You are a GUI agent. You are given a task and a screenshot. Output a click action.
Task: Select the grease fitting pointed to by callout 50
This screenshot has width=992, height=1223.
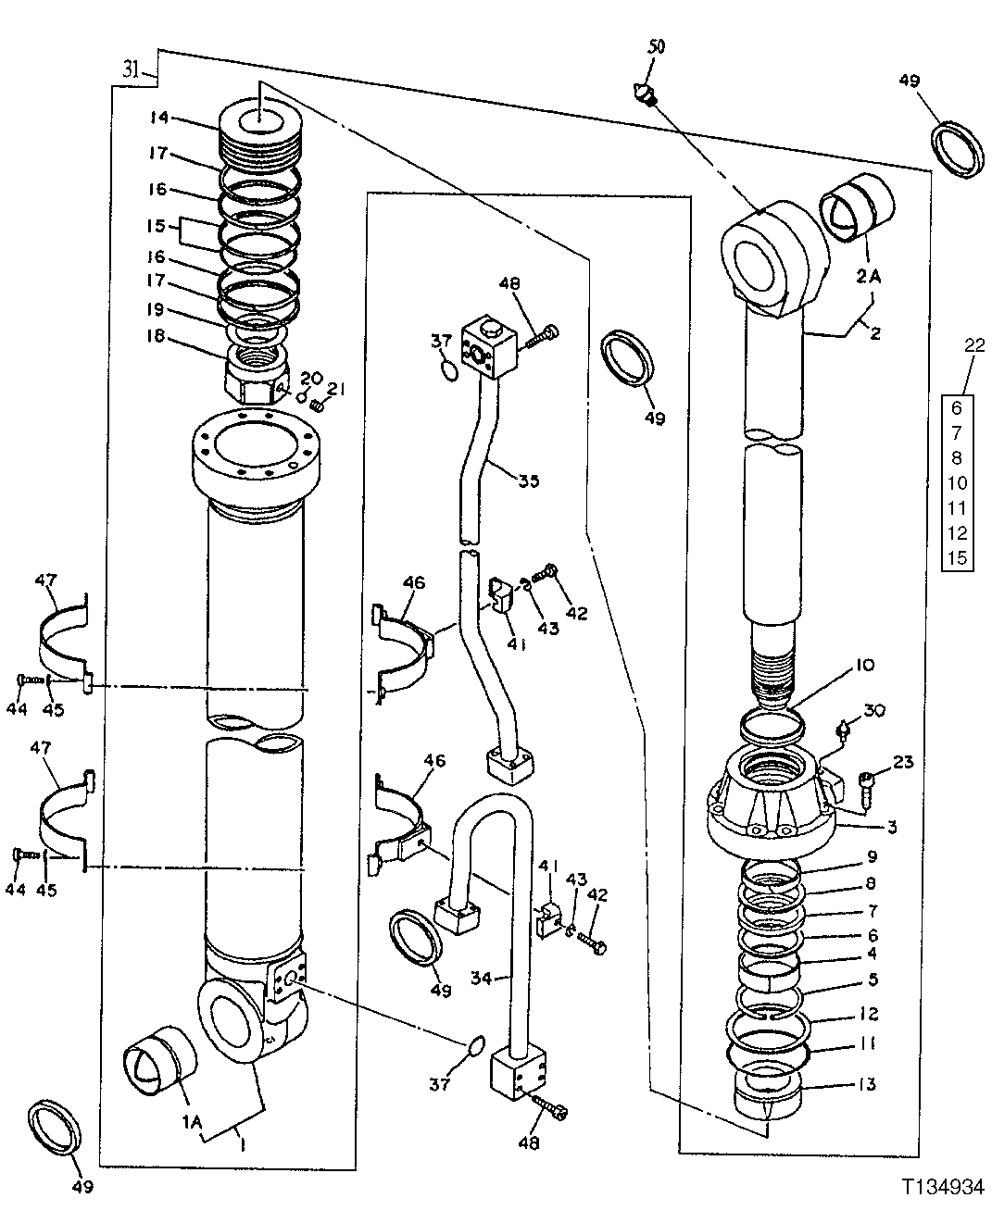pyautogui.click(x=642, y=93)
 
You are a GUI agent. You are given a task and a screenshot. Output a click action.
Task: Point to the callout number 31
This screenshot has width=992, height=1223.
pyautogui.click(x=131, y=69)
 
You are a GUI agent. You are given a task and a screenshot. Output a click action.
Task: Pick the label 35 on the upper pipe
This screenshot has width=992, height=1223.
pyautogui.click(x=529, y=480)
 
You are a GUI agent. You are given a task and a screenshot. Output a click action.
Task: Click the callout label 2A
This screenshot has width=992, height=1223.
pyautogui.click(x=868, y=275)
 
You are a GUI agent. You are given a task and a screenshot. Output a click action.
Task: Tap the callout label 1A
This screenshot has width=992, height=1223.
pyautogui.click(x=193, y=1121)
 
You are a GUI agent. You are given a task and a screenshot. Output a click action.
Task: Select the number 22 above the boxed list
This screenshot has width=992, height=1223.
pyautogui.click(x=974, y=345)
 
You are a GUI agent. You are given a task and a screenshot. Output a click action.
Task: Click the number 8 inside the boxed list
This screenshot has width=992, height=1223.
pyautogui.click(x=958, y=457)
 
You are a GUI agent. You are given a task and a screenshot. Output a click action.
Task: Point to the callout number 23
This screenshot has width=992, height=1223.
pyautogui.click(x=903, y=762)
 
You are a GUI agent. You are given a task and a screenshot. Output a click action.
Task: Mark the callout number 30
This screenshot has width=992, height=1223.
pyautogui.click(x=874, y=711)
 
